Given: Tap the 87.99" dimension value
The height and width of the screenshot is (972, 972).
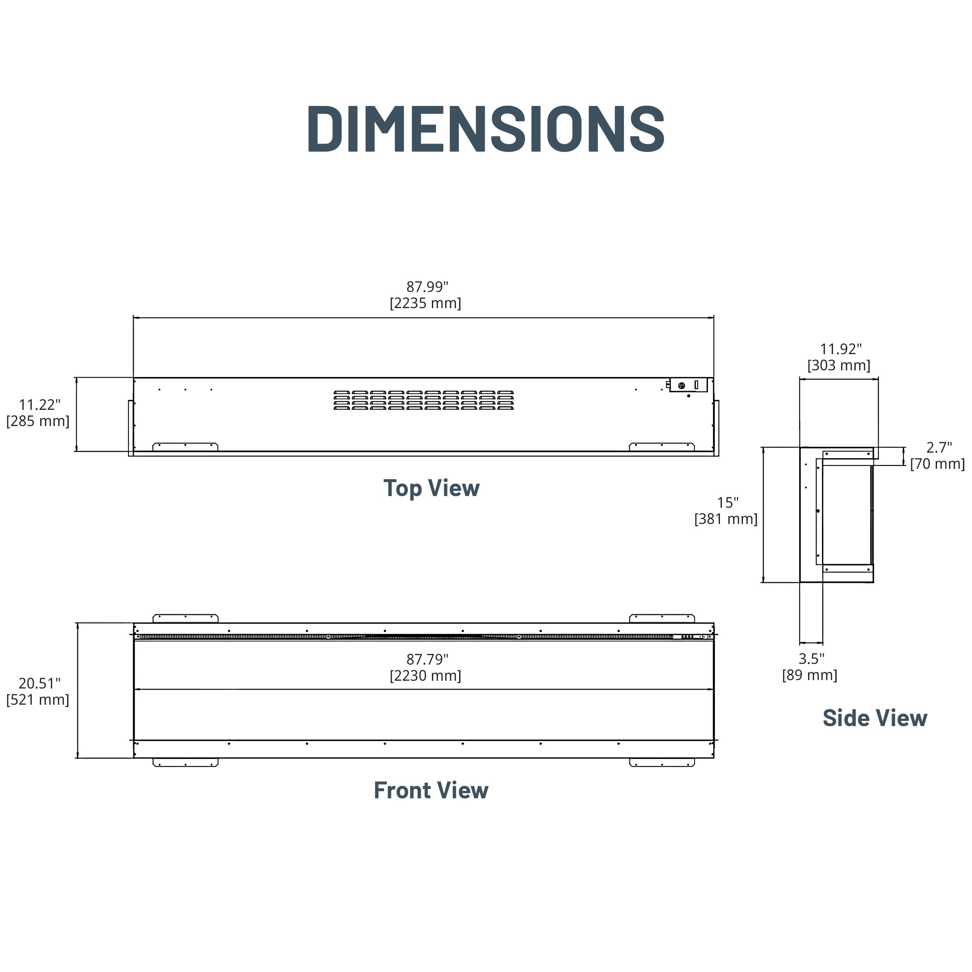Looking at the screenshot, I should pyautogui.click(x=427, y=287).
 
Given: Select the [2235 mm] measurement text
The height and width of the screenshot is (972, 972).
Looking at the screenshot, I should pyautogui.click(x=426, y=303).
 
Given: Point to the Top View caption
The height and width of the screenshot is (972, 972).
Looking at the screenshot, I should pyautogui.click(x=432, y=488).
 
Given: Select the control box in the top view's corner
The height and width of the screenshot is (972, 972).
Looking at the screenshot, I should pyautogui.click(x=688, y=385).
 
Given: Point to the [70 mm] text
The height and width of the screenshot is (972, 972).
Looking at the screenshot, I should pyautogui.click(x=937, y=464).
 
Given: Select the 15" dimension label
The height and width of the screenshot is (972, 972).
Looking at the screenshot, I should pyautogui.click(x=727, y=503).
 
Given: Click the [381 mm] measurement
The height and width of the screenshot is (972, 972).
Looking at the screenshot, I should pyautogui.click(x=726, y=519).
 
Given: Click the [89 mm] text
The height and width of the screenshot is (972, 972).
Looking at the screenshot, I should pyautogui.click(x=809, y=675).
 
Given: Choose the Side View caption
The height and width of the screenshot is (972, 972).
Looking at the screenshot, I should pyautogui.click(x=875, y=718).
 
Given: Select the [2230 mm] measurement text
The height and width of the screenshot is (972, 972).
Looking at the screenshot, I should pyautogui.click(x=426, y=676).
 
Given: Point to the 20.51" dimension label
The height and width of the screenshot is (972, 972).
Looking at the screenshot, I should pyautogui.click(x=40, y=683).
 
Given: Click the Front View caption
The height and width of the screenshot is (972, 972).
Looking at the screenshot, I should pyautogui.click(x=431, y=790).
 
